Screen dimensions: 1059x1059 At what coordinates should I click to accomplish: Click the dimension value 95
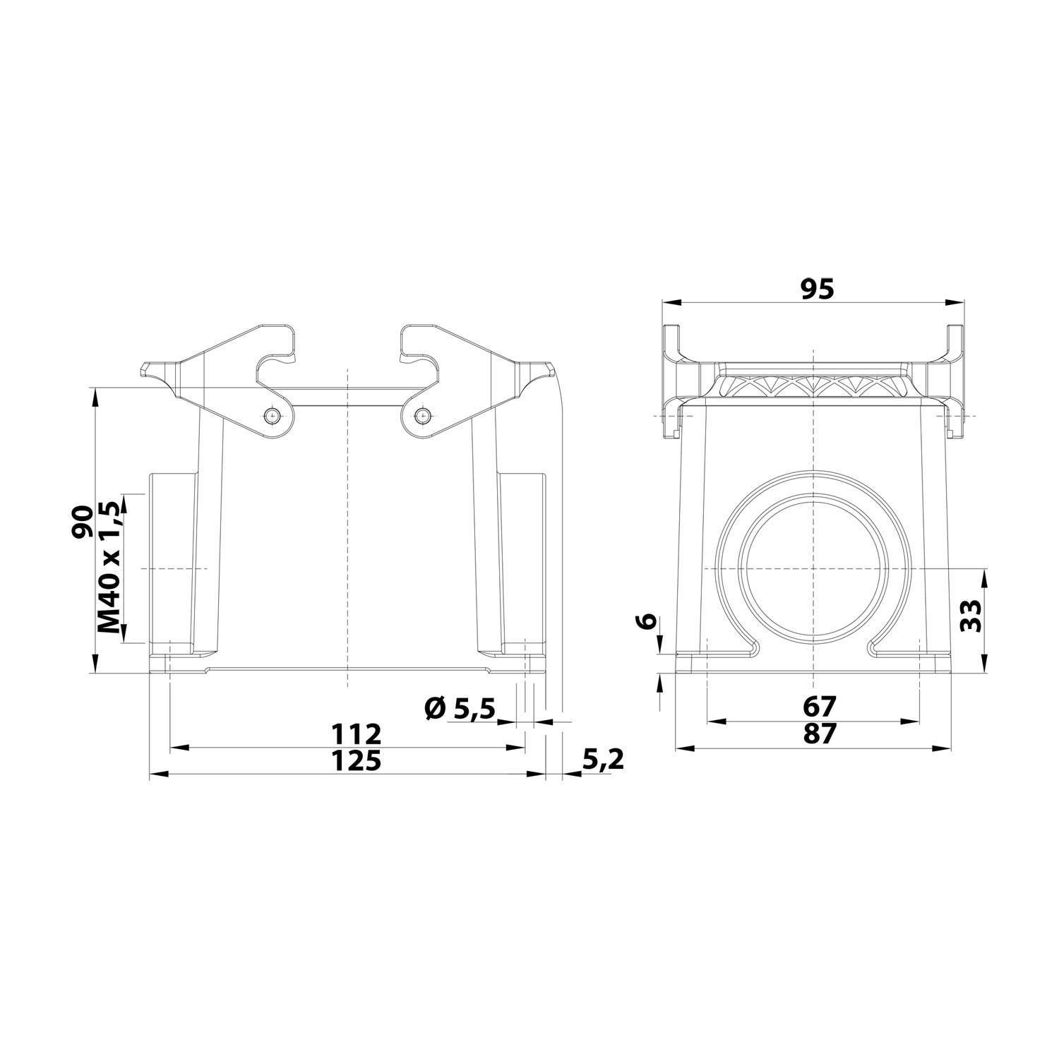817,289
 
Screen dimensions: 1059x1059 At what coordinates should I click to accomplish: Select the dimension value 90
83,522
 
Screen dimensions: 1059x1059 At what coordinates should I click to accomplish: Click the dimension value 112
357,734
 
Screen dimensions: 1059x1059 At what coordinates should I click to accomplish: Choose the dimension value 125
357,761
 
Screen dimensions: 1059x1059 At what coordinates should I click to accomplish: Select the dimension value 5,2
603,760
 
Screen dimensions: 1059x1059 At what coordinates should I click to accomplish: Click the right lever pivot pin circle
422,416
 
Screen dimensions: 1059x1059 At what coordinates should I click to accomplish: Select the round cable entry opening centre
813,569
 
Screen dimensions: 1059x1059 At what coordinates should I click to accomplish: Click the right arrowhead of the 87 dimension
943,748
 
